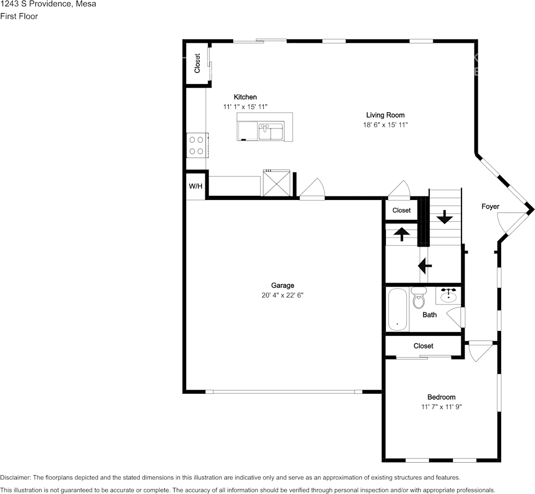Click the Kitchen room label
click(x=245, y=97)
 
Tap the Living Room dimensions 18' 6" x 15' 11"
click(x=385, y=125)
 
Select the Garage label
click(x=283, y=285)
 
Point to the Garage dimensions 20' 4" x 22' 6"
click(x=283, y=295)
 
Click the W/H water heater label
click(x=196, y=186)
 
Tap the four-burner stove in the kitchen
click(x=197, y=145)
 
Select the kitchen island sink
click(x=271, y=132)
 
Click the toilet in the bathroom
click(x=419, y=298)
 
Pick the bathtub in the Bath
click(x=397, y=310)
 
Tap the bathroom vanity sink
click(x=448, y=295)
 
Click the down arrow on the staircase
click(x=444, y=217)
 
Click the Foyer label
click(x=490, y=206)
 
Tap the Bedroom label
click(x=441, y=397)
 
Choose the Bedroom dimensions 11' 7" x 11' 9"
click(x=441, y=407)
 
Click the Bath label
click(x=430, y=315)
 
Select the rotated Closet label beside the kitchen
click(x=197, y=63)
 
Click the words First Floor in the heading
click(x=19, y=16)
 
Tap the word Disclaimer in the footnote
click(x=15, y=478)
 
